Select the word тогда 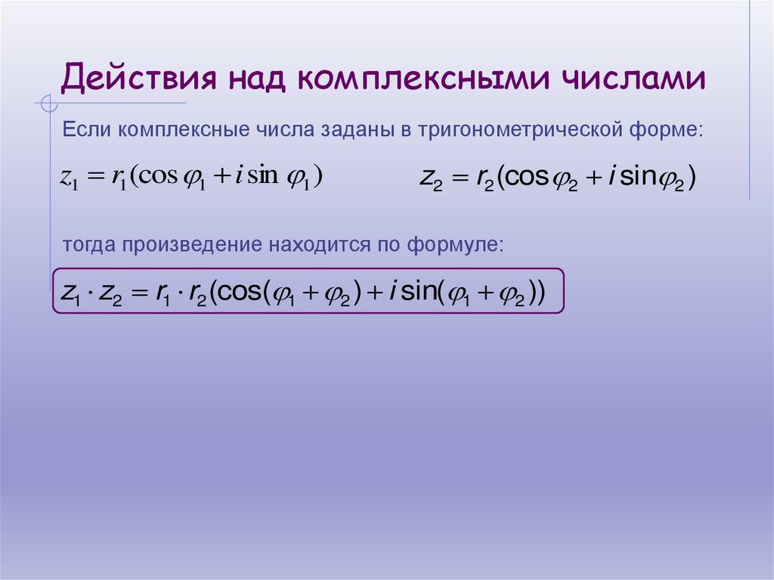(89, 244)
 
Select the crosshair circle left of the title (48, 103)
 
